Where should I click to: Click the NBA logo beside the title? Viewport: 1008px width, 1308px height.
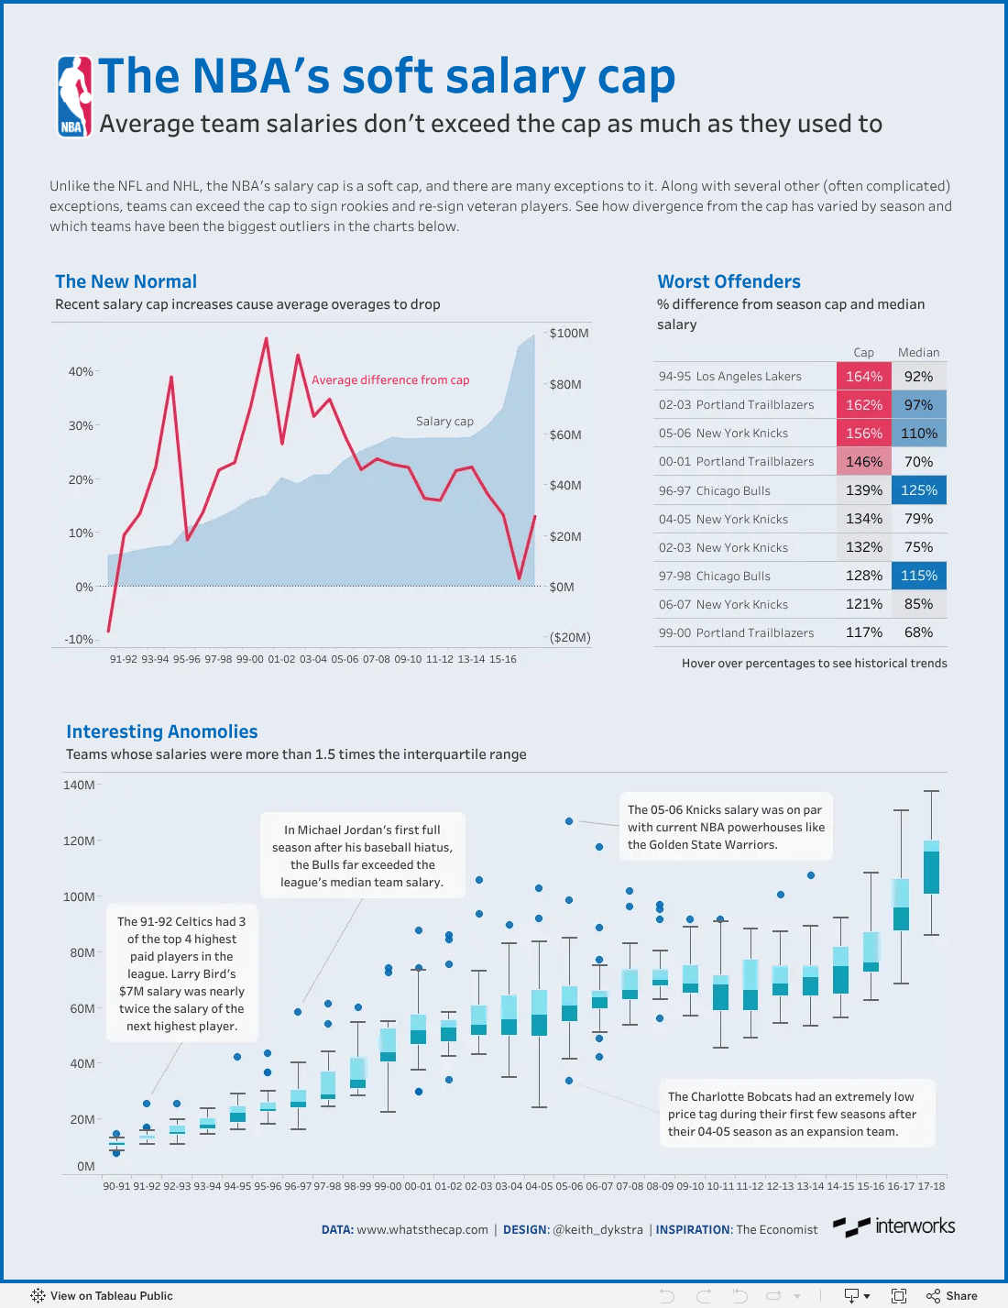pos(74,96)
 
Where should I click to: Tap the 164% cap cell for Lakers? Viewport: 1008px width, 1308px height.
pos(863,376)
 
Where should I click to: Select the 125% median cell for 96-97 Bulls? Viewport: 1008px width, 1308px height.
pos(918,490)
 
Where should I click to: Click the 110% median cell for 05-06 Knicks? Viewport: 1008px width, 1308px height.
pos(918,433)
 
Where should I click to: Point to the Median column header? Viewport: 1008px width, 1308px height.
pos(918,352)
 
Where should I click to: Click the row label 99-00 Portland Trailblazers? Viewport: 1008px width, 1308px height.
pos(736,632)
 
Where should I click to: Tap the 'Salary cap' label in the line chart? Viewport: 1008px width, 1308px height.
pos(444,422)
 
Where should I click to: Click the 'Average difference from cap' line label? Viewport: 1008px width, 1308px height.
pos(390,379)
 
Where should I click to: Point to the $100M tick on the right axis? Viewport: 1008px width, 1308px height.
pos(569,333)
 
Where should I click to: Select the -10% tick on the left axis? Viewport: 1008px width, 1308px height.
pos(80,639)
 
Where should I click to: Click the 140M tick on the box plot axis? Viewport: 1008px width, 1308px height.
pos(79,785)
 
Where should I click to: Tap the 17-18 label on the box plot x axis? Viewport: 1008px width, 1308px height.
pos(931,1186)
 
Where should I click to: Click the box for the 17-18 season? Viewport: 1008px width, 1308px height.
pos(931,867)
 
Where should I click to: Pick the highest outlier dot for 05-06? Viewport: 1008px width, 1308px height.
pos(569,821)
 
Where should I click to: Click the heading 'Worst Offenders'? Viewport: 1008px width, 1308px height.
pos(729,281)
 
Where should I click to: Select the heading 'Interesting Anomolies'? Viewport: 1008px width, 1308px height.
pos(162,731)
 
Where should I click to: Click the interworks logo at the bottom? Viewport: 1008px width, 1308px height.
pos(893,1226)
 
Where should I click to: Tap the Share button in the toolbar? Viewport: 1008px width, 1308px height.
pos(952,1296)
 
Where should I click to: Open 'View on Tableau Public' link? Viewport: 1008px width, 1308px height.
pos(102,1296)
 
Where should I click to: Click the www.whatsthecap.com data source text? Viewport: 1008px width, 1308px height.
pos(422,1229)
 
